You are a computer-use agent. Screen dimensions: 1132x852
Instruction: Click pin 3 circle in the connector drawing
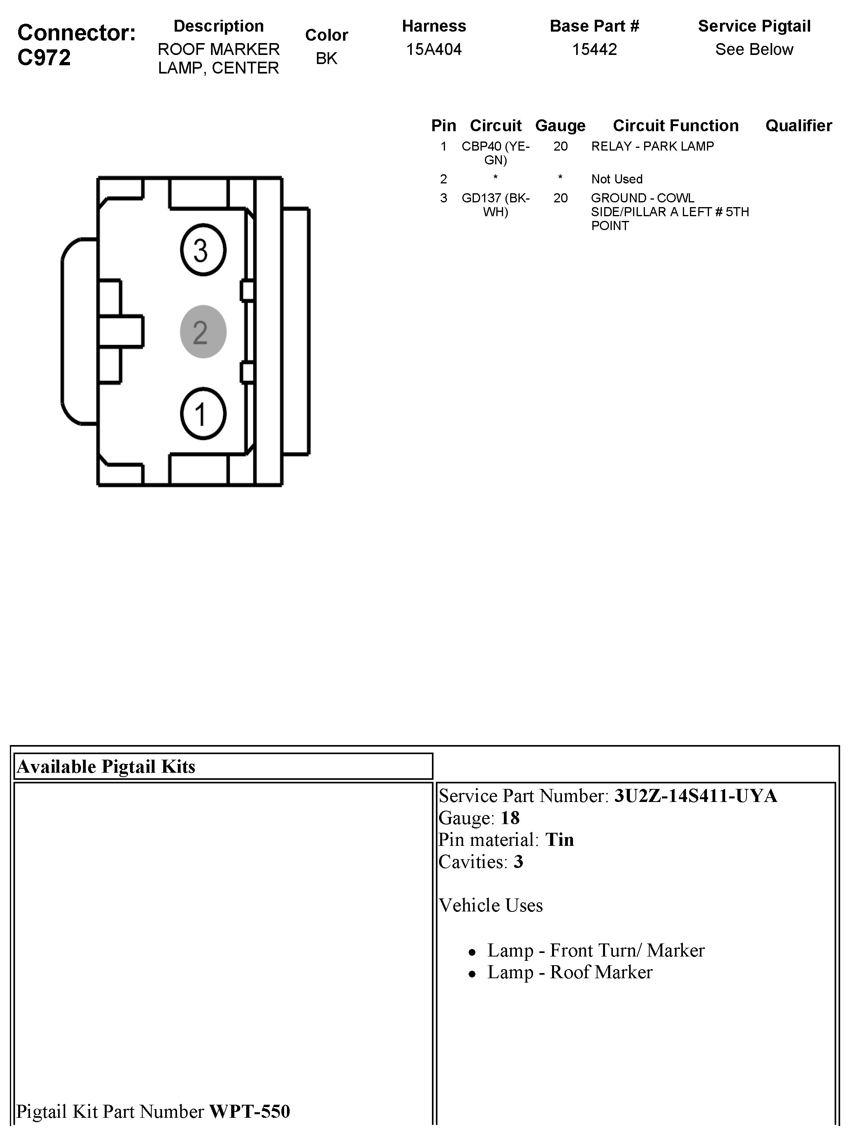pos(203,250)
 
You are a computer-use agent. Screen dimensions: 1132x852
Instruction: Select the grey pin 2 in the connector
pos(203,332)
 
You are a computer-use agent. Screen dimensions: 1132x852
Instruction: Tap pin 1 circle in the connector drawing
pos(203,413)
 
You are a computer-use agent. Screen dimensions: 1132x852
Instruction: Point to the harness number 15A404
pos(434,50)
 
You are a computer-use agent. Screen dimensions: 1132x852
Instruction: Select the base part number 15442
pos(594,50)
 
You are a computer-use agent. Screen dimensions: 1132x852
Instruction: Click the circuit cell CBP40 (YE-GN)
pos(495,153)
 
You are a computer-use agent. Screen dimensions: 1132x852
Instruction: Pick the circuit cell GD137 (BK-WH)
pos(495,205)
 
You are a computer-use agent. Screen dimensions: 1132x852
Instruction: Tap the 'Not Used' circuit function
pos(616,179)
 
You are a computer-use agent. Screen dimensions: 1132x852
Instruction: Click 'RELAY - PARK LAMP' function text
pos(652,146)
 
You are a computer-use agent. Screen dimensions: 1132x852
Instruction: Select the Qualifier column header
pos(798,125)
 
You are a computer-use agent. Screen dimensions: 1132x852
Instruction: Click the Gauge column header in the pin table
pos(560,125)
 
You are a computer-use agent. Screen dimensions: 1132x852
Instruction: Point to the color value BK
pos(326,59)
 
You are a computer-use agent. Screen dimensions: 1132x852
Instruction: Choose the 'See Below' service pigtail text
pos(754,50)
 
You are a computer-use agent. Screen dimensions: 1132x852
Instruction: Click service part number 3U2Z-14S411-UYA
pos(696,796)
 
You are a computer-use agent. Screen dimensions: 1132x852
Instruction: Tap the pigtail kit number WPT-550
pos(250,1111)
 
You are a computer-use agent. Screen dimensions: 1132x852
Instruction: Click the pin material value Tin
pos(559,840)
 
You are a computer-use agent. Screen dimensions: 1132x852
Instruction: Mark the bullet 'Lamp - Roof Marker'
pos(569,972)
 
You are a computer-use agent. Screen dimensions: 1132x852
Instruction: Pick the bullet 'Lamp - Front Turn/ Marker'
pos(596,950)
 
